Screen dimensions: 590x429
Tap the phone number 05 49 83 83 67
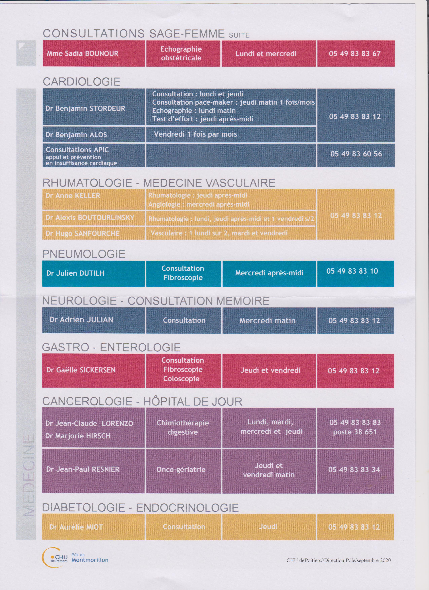355,54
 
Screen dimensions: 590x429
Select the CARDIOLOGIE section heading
81,82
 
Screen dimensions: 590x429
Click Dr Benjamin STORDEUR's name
85,109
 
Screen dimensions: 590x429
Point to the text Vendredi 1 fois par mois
195,134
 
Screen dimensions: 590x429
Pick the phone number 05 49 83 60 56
356,154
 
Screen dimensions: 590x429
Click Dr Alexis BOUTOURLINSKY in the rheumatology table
90,218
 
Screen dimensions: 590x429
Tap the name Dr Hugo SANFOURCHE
82,233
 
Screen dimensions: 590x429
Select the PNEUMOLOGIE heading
84,254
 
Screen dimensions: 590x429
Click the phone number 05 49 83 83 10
352,271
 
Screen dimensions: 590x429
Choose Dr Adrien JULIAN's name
81,320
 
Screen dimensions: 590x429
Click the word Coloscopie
181,379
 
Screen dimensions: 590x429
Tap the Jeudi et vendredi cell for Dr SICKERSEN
270,370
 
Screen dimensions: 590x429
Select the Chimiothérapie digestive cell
183,427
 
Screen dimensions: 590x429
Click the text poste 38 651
355,432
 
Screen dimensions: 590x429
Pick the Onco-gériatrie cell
181,470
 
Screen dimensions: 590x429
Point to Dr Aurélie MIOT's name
76,527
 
